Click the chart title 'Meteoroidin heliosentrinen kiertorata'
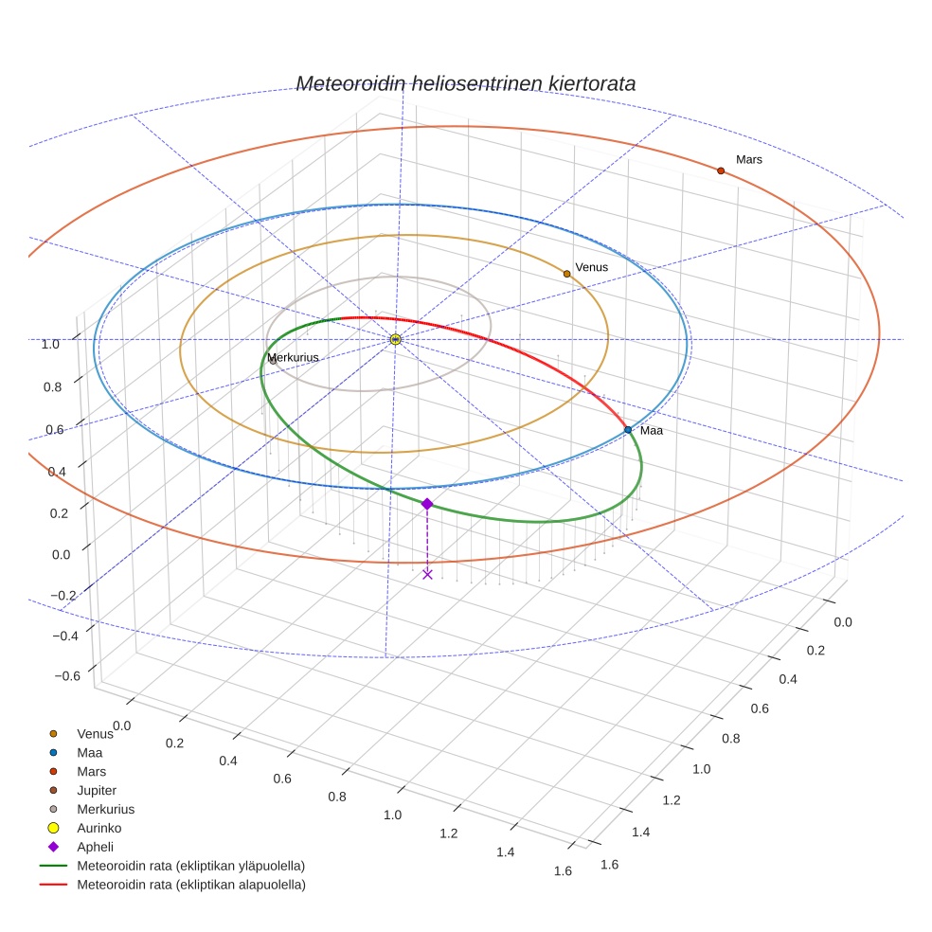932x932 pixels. [x=465, y=83]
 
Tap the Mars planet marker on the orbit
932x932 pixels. [x=721, y=170]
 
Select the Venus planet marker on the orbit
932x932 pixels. [x=566, y=274]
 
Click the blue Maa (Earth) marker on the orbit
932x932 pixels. [x=628, y=430]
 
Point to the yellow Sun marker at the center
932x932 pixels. [x=395, y=339]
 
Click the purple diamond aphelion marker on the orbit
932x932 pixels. [x=427, y=504]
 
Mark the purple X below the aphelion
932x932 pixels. [x=427, y=574]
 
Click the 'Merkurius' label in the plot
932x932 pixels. [x=293, y=358]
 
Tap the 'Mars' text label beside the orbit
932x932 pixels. [x=749, y=159]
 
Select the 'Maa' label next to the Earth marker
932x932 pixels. [x=652, y=430]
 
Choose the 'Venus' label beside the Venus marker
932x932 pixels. [x=592, y=267]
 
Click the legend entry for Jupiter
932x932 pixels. [x=97, y=790]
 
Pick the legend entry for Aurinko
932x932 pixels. [x=99, y=828]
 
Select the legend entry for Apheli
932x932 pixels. [x=95, y=847]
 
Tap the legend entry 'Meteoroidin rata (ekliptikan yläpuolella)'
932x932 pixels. [x=190, y=866]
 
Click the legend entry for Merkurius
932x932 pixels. [x=105, y=809]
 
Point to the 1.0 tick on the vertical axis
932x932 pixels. [x=50, y=344]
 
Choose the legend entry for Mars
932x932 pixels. [x=92, y=771]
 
